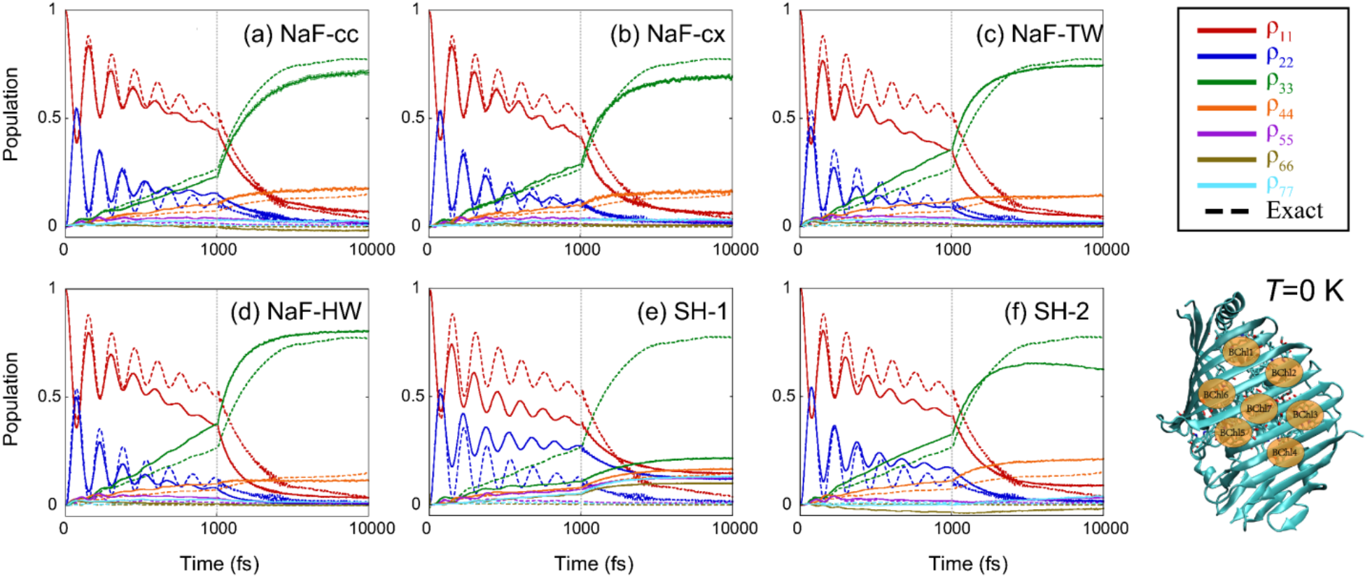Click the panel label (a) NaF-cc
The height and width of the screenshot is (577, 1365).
(301, 34)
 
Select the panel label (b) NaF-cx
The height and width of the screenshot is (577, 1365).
(667, 34)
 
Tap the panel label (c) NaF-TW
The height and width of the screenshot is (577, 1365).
(1039, 34)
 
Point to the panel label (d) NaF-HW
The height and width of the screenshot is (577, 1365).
(296, 312)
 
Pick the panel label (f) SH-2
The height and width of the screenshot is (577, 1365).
(1046, 312)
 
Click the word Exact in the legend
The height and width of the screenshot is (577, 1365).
(1294, 211)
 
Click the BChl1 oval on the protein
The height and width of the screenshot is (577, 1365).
(1241, 352)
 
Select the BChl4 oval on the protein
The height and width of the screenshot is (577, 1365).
(1284, 453)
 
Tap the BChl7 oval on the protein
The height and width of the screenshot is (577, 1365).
(1259, 408)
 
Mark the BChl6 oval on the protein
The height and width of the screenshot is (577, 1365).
(1216, 394)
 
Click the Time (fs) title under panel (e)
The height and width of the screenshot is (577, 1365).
(594, 563)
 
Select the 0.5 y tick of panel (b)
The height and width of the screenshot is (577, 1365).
(412, 117)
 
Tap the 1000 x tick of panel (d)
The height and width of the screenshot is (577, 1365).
(218, 529)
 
